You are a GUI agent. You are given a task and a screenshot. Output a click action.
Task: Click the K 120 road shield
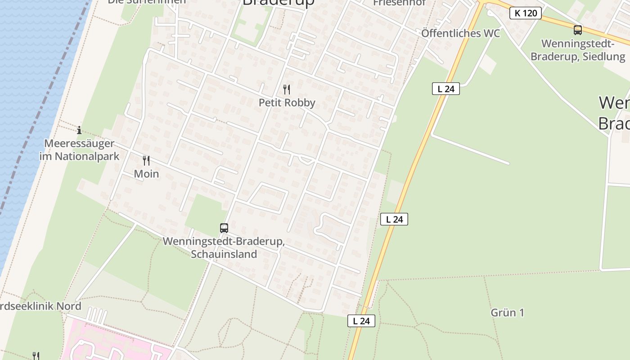point(525,13)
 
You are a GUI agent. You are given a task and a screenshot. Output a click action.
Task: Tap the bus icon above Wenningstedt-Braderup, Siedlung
point(577,30)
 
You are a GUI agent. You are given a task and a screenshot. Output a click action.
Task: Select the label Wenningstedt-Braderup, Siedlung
point(578,50)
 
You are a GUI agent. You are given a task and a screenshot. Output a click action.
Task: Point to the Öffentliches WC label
point(460,33)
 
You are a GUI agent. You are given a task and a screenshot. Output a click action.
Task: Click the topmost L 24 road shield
point(445,89)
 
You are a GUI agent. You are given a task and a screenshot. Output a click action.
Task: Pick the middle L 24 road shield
point(394,219)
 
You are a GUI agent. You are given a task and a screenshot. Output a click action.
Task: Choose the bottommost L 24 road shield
point(361,321)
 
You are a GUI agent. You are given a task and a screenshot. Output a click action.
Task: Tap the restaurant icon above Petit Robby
point(287,89)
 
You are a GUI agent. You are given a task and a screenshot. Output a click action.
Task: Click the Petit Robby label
point(287,103)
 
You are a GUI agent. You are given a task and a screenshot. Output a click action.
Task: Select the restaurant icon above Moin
point(146,160)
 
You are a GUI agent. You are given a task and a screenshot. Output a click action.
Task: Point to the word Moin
point(146,174)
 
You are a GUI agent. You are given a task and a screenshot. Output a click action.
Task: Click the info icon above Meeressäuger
point(79,130)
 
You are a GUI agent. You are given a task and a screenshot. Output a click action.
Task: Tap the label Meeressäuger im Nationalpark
point(79,150)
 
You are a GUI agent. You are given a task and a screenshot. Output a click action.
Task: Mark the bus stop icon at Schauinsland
point(224,228)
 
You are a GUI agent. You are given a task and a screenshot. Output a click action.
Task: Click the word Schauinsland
point(224,254)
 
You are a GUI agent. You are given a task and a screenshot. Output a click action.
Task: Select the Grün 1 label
point(507,312)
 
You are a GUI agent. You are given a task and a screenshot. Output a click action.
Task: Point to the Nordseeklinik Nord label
point(40,306)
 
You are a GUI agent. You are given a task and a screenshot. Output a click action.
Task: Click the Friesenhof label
point(400,3)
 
